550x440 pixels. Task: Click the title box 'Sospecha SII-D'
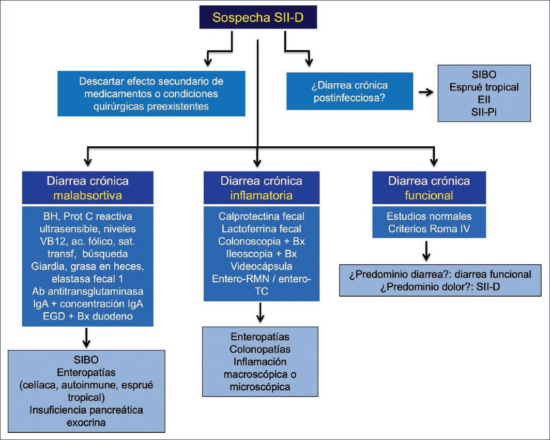click(258, 17)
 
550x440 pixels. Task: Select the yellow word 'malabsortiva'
click(88, 195)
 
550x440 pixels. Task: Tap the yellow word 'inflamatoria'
click(262, 195)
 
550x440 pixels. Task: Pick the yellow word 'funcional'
click(429, 195)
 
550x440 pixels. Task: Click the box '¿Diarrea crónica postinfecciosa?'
click(350, 91)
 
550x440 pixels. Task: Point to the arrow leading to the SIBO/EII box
click(426, 92)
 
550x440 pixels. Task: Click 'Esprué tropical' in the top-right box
click(484, 87)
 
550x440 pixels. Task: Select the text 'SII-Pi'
click(484, 112)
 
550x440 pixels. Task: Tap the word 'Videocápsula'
click(262, 266)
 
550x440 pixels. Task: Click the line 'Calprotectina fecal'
click(262, 216)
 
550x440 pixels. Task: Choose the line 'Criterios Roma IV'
click(429, 229)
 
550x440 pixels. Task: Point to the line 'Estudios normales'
click(429, 216)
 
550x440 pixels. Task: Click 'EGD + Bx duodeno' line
click(88, 316)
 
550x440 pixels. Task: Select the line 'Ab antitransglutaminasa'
click(88, 291)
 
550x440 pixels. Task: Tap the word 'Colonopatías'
click(260, 350)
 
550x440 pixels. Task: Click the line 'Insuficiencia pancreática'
click(86, 410)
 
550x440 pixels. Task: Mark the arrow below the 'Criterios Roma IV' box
click(426, 251)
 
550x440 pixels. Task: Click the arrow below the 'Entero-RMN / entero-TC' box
click(260, 313)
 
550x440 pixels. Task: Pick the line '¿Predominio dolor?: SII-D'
click(440, 287)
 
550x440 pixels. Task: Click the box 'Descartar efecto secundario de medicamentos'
click(151, 94)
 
